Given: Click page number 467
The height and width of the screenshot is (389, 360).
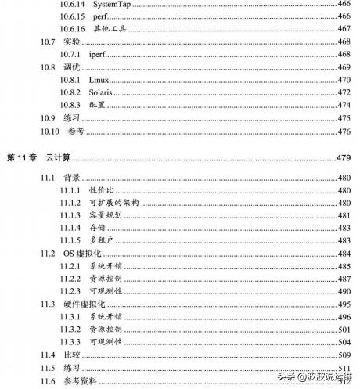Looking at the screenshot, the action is (344, 29).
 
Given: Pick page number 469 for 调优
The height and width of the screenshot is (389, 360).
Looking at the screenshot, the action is (344, 67).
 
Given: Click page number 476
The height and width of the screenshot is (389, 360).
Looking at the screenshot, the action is (344, 131).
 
